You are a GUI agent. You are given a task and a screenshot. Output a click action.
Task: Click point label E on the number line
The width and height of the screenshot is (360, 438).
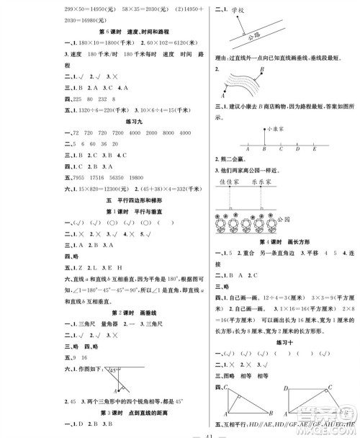pos(315,150)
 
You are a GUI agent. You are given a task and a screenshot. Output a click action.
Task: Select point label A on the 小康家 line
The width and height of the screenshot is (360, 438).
pos(248,150)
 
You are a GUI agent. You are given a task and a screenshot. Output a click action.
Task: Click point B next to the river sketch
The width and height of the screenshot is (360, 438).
pos(262,69)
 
